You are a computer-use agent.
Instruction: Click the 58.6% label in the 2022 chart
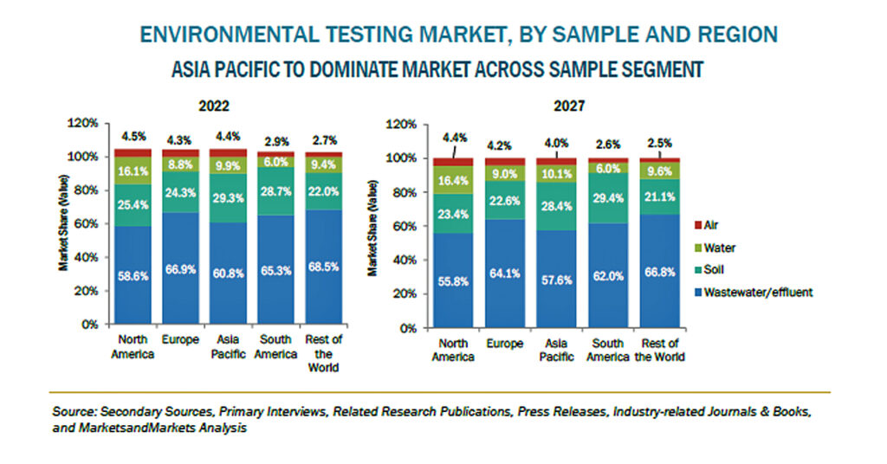pos(133,276)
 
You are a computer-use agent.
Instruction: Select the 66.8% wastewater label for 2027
pos(659,273)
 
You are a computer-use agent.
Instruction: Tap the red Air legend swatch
pos(698,225)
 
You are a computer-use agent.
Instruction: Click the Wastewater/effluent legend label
pos(758,293)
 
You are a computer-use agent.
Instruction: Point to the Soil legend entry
pos(709,269)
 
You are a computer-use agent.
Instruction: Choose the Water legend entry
pos(715,248)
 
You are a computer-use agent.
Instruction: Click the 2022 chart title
pos(214,106)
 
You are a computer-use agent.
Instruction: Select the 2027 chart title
pos(569,106)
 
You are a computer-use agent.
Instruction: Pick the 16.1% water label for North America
pos(133,171)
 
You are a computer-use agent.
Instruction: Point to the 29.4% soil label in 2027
pos(608,198)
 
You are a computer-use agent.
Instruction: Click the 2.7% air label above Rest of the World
pos(325,140)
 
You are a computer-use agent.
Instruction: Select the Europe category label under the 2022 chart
pos(180,339)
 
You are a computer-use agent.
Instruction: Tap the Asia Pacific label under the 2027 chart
pos(557,350)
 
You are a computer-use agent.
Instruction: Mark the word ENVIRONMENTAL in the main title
pos(230,35)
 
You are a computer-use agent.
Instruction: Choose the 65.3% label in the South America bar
pos(276,271)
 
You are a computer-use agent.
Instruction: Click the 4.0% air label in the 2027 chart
pos(557,143)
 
